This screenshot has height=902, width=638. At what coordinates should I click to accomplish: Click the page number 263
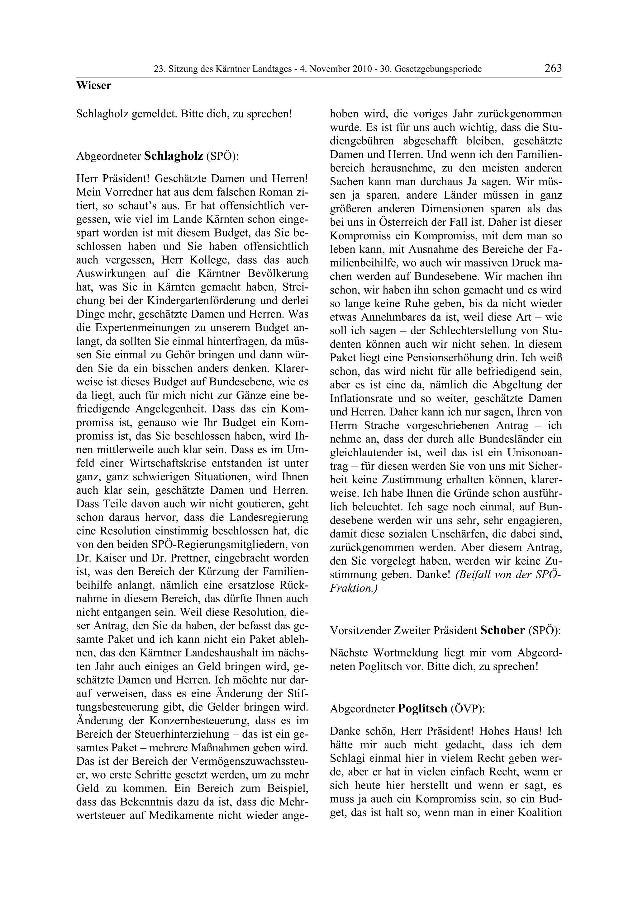(x=553, y=68)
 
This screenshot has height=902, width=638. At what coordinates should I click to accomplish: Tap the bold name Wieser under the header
(x=93, y=86)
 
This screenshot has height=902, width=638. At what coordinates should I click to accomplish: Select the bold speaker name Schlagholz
(x=173, y=156)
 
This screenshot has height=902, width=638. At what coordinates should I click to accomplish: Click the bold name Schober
(x=502, y=631)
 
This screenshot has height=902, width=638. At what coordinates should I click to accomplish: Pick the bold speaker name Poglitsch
(x=423, y=708)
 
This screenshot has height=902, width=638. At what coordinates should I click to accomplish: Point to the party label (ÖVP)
(x=468, y=709)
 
